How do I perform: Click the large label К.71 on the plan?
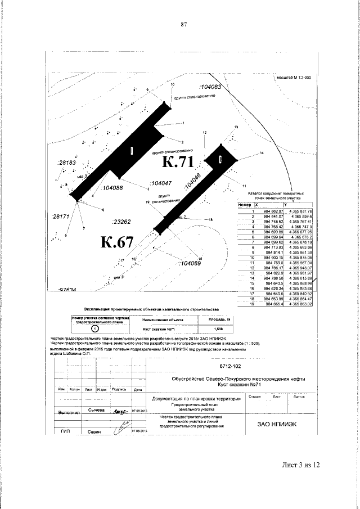pyautogui.click(x=178, y=163)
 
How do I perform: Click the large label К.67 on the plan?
pyautogui.click(x=117, y=242)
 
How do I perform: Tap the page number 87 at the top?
pyautogui.click(x=183, y=24)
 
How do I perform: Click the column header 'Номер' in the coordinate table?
pyautogui.click(x=244, y=205)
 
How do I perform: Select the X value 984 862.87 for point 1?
pyautogui.click(x=269, y=210)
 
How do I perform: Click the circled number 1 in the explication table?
pyautogui.click(x=94, y=327)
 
